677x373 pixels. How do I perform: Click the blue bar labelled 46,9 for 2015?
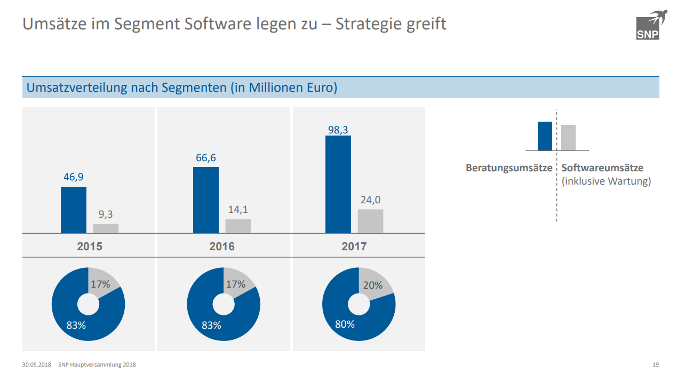pyautogui.click(x=74, y=210)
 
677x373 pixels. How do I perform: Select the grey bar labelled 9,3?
pyautogui.click(x=106, y=228)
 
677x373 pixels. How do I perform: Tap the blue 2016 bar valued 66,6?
pyautogui.click(x=206, y=200)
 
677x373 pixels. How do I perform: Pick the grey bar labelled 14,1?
pyautogui.click(x=238, y=226)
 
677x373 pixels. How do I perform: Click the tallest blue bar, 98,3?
pyautogui.click(x=338, y=184)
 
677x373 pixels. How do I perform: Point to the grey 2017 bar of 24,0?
pyautogui.click(x=370, y=221)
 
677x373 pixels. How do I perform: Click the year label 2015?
pyautogui.click(x=90, y=247)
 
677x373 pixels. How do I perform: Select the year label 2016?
pyautogui.click(x=222, y=247)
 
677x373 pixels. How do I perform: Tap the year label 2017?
pyautogui.click(x=354, y=247)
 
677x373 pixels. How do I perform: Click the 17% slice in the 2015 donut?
pyautogui.click(x=101, y=284)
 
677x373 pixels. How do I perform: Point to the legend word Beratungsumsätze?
pyautogui.click(x=509, y=168)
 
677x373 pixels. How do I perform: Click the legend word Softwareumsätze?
pyautogui.click(x=602, y=168)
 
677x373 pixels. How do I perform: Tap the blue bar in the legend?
pyautogui.click(x=545, y=136)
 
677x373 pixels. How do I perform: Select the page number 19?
pyautogui.click(x=656, y=365)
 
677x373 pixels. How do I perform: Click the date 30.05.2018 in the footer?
pyautogui.click(x=36, y=365)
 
